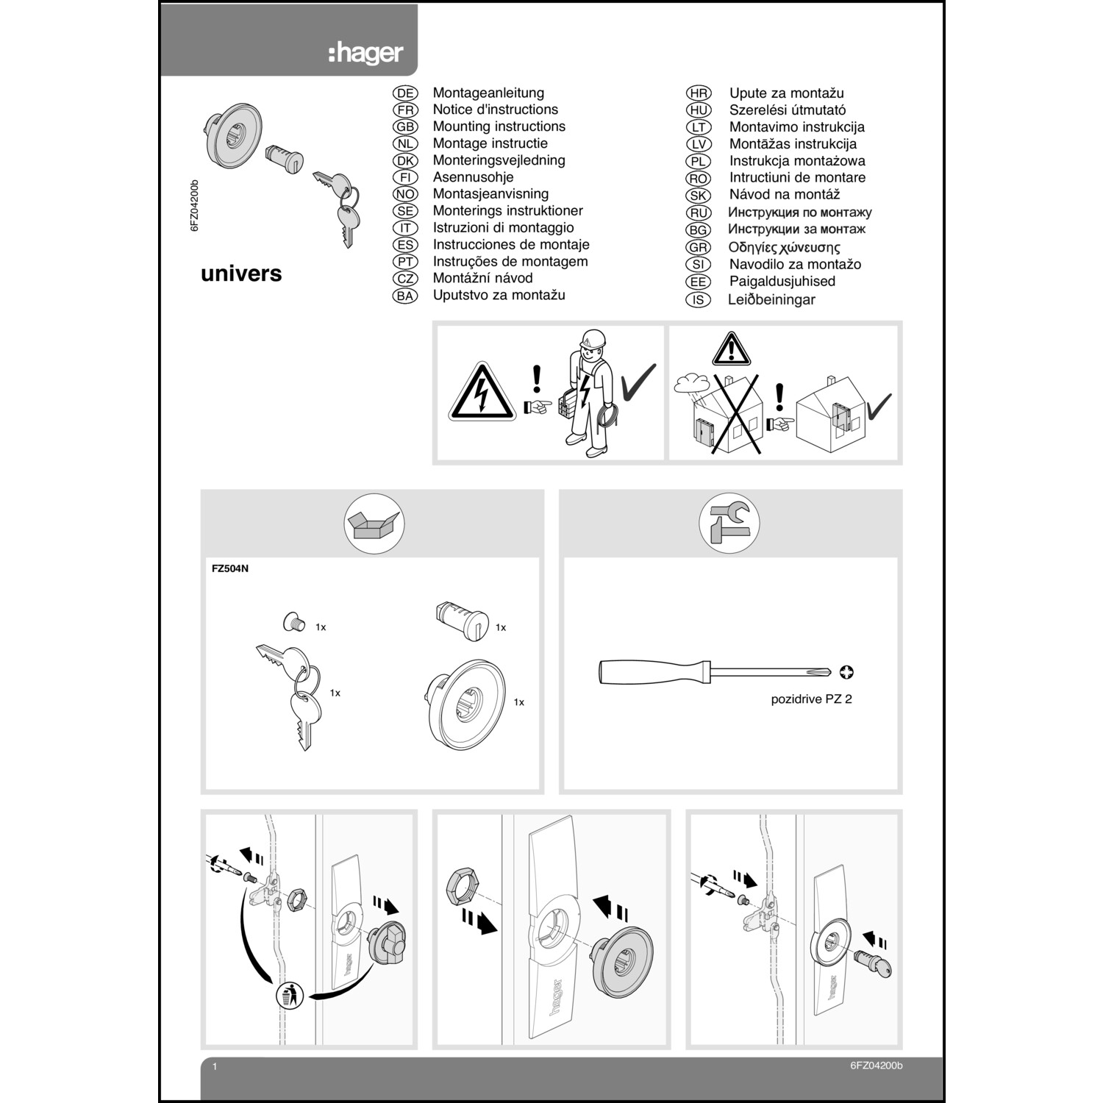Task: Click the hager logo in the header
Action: [365, 53]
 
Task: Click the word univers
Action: [241, 274]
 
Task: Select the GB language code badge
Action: [405, 126]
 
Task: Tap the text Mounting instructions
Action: [499, 126]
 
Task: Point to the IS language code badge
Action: [698, 300]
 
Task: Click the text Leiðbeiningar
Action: [771, 299]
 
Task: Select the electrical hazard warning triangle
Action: [482, 393]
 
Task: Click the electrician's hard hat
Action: [592, 339]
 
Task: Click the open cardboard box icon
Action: [374, 524]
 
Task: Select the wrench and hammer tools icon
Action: [729, 523]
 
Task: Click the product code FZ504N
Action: [230, 568]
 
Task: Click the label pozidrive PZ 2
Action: [811, 699]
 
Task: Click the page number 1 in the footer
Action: [215, 1066]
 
